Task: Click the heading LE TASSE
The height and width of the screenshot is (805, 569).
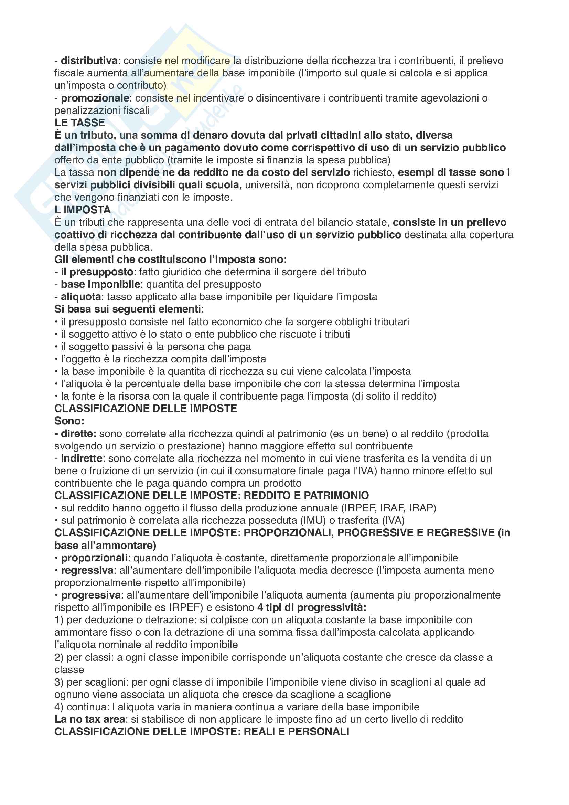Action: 79,123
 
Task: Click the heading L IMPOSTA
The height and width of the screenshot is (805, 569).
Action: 82,210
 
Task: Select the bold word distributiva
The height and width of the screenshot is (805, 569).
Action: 89,61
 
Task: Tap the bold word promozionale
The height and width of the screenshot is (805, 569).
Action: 95,98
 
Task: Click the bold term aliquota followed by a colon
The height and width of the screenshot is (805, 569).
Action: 81,297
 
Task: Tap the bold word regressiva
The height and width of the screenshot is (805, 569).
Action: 87,570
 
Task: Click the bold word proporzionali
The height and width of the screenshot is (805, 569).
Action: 94,558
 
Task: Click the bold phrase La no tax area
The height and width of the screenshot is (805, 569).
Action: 89,719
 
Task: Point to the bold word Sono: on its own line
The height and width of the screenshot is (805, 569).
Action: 69,421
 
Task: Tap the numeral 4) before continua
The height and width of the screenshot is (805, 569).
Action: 59,707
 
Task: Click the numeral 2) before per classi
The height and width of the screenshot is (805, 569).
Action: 59,657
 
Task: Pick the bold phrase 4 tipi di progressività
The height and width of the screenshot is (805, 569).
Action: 311,607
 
